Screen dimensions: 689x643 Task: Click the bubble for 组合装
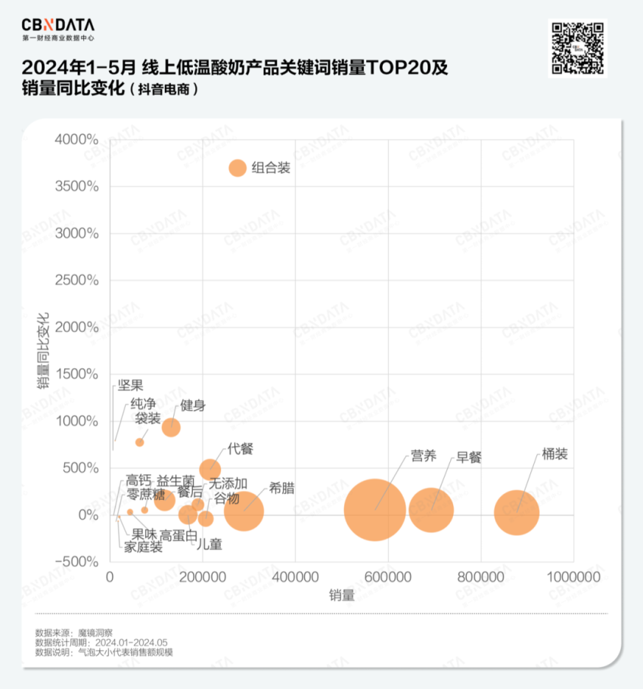[238, 168]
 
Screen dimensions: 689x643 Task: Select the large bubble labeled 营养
[374, 510]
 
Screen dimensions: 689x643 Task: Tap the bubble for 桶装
[517, 512]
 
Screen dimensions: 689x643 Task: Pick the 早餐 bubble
[431, 510]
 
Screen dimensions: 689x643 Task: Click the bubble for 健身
[172, 427]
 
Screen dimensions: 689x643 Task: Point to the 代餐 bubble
[210, 470]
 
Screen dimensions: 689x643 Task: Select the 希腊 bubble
[244, 511]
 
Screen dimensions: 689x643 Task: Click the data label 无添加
[228, 483]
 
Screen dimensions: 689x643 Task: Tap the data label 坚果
[130, 386]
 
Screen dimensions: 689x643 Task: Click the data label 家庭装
[144, 547]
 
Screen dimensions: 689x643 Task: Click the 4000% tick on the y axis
[76, 140]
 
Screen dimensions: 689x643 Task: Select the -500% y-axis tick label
[76, 562]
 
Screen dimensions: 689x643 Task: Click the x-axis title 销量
[341, 594]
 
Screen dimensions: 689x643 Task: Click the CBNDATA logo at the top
[57, 26]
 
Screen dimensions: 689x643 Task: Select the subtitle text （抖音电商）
[164, 89]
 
